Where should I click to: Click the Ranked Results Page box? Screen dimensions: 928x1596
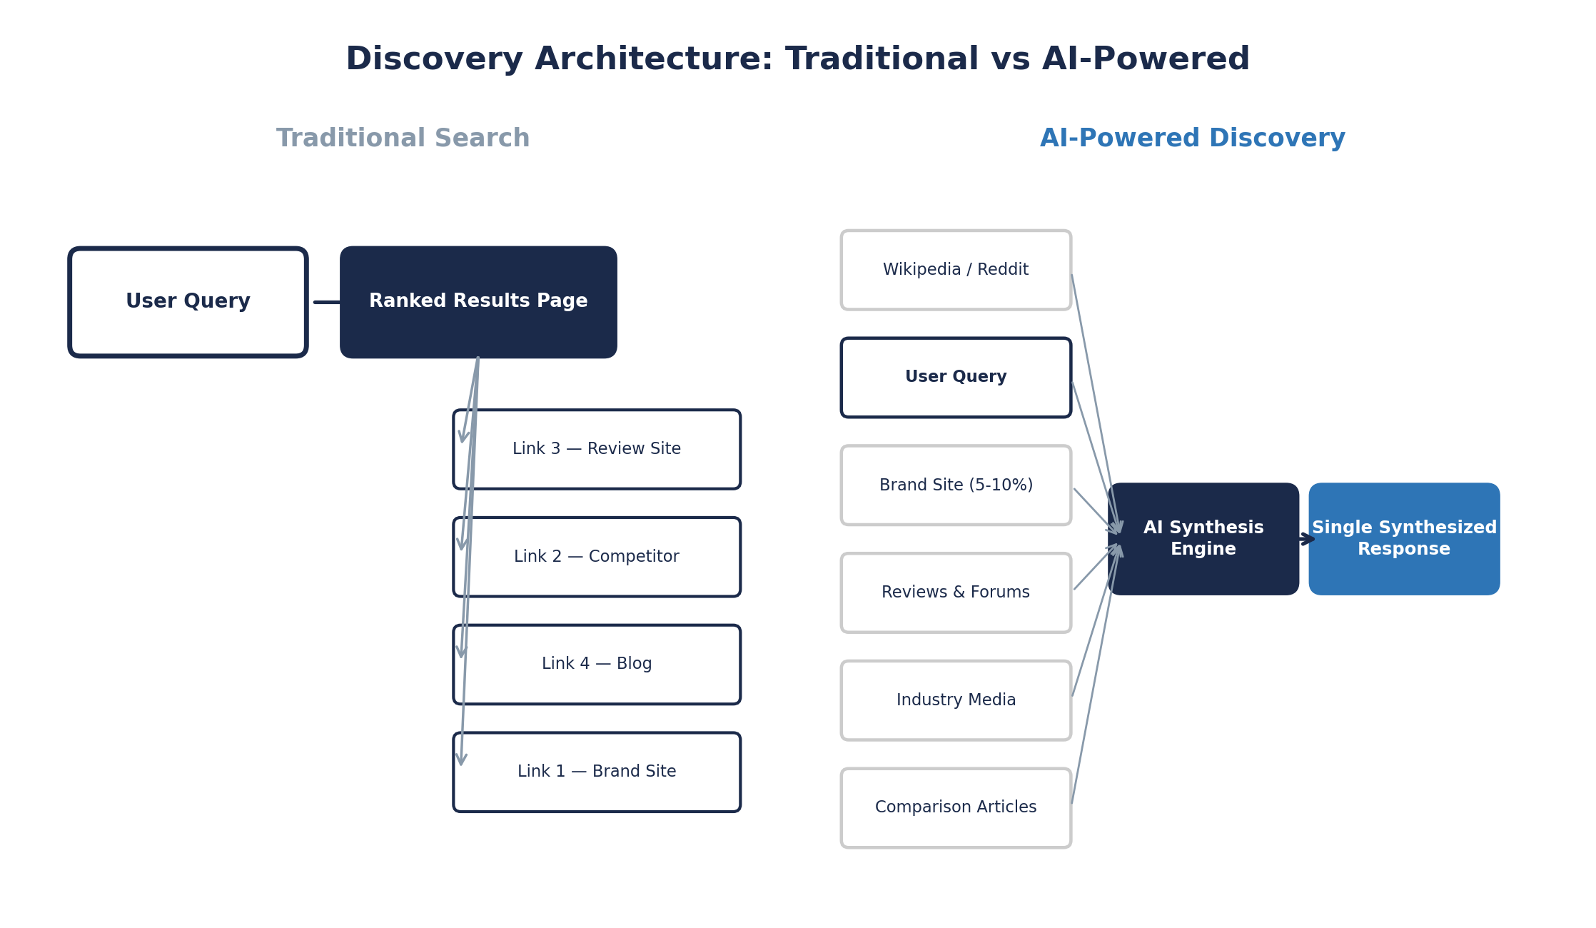pos(478,302)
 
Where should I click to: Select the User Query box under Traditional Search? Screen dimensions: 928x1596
pos(188,302)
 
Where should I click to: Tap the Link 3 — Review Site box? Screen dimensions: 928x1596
pos(597,449)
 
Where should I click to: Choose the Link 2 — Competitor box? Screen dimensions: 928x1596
pos(597,557)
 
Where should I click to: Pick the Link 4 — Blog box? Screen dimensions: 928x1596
pos(597,664)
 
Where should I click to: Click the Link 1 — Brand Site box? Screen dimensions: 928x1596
pos(597,772)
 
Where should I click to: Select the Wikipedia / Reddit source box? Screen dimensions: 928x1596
pos(956,270)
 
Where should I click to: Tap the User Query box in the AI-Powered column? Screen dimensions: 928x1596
pos(956,377)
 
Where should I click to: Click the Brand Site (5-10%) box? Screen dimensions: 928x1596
pos(956,485)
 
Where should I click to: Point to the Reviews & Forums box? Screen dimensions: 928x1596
pos(956,592)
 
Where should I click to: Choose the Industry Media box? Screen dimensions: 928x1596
pos(956,700)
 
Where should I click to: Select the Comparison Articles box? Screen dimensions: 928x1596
pos(956,807)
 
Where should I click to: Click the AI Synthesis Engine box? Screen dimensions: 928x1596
pos(1203,539)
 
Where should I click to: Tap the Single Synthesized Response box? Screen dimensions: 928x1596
pos(1404,539)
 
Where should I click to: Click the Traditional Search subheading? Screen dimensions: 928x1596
pos(403,138)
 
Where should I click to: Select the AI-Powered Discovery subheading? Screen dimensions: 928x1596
pos(1192,138)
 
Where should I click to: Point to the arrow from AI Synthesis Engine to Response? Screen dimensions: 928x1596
pos(1306,539)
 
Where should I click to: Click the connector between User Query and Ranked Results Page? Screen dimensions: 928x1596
pos(327,302)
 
